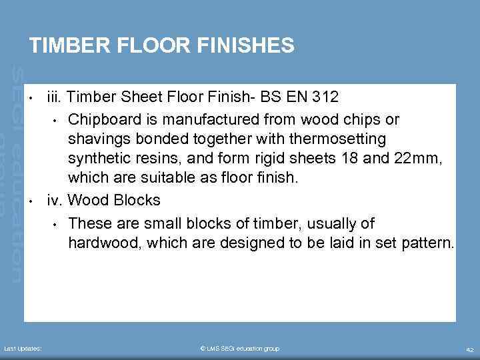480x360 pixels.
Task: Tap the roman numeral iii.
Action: coord(54,97)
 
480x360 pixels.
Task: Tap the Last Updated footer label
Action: coord(23,349)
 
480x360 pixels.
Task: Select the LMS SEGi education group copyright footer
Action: coord(240,349)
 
